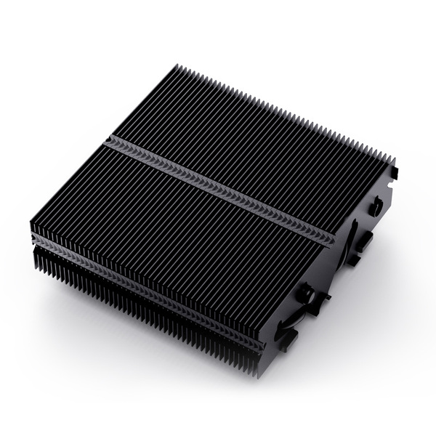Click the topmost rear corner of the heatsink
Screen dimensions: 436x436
[177, 67]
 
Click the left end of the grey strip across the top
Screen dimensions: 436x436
[108, 140]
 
